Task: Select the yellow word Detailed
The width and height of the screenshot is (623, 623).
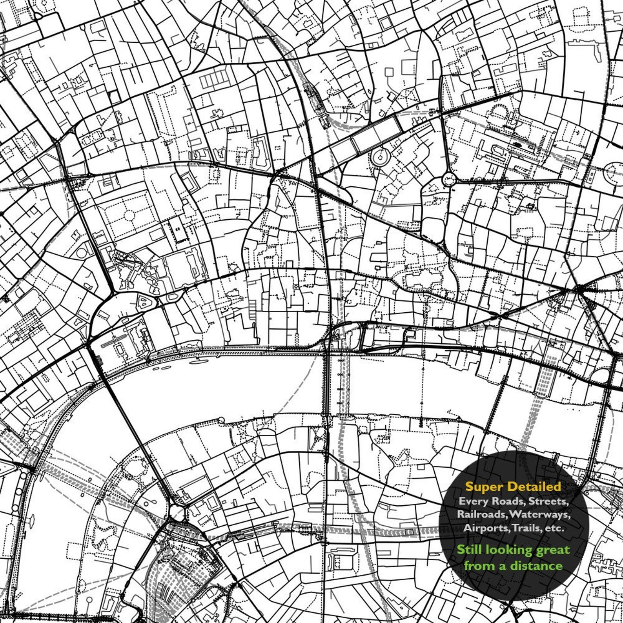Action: [535, 487]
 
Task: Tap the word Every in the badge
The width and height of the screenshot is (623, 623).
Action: [473, 501]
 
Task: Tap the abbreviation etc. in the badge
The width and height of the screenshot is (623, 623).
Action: [553, 528]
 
